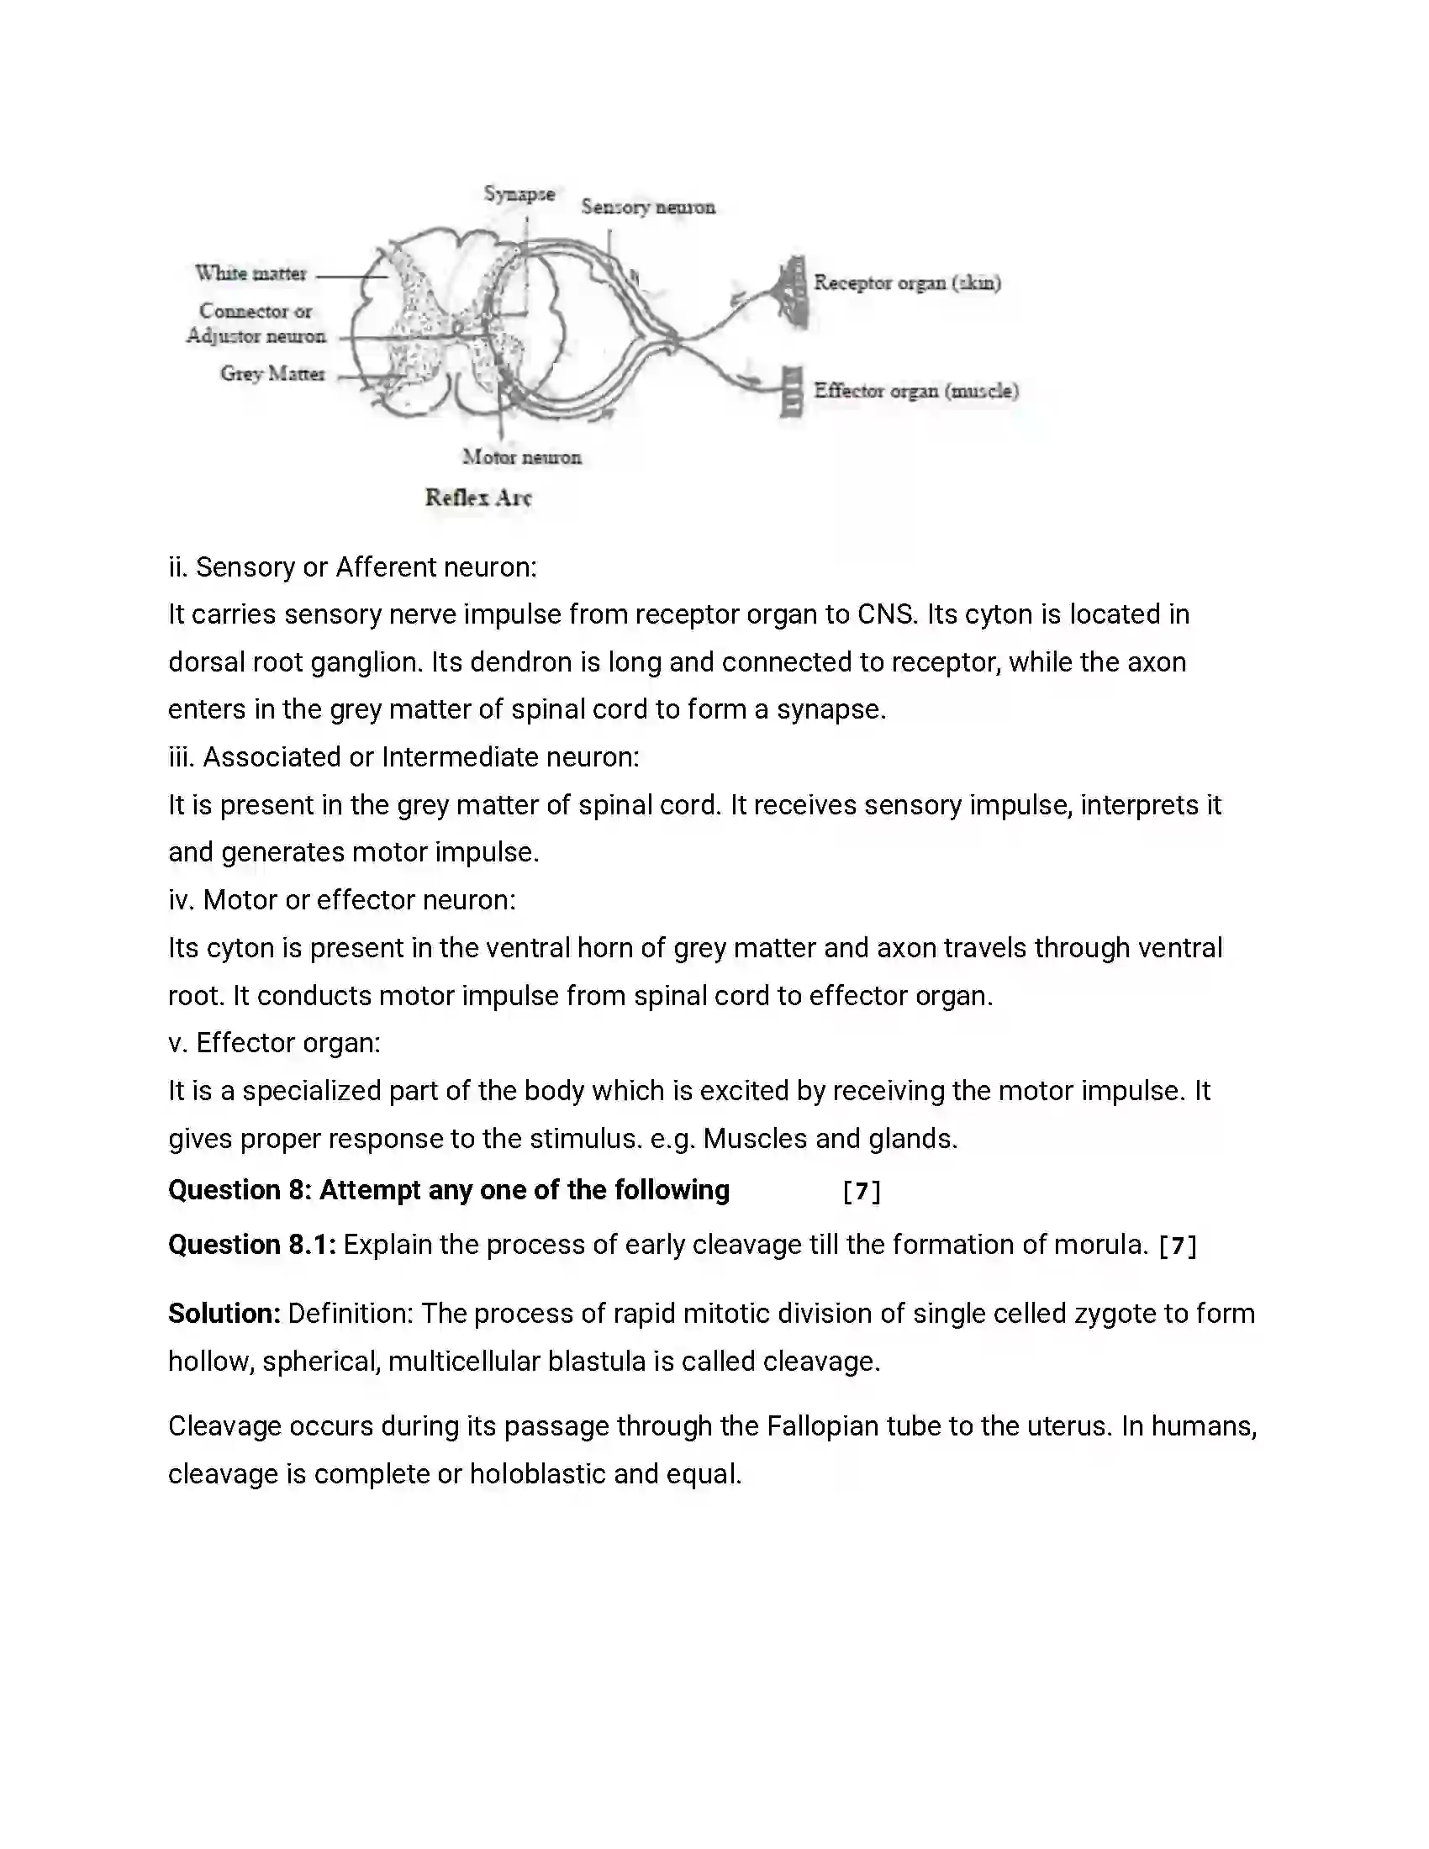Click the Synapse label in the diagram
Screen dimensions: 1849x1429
pyautogui.click(x=519, y=194)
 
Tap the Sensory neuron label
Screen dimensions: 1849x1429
pyautogui.click(x=647, y=208)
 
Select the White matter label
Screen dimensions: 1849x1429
pyautogui.click(x=250, y=273)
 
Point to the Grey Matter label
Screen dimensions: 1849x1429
pyautogui.click(x=272, y=373)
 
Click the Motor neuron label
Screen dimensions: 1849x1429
pyautogui.click(x=521, y=457)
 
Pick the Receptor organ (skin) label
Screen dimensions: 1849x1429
pyautogui.click(x=907, y=282)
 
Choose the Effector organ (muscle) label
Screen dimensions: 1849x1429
pyautogui.click(x=916, y=391)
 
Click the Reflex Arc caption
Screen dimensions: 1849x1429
pyautogui.click(x=478, y=498)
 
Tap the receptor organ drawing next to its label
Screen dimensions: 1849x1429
pyautogui.click(x=794, y=292)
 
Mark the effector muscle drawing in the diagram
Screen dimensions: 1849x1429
pyautogui.click(x=792, y=391)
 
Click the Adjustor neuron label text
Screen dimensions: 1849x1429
pyautogui.click(x=256, y=336)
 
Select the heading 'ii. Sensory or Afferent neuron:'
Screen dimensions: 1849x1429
pyautogui.click(x=352, y=567)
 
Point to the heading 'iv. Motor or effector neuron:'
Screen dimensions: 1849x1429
pyautogui.click(x=342, y=900)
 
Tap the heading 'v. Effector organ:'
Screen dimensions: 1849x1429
pyautogui.click(x=274, y=1043)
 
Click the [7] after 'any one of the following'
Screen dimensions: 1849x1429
pyautogui.click(x=862, y=1192)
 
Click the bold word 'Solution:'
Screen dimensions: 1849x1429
pyautogui.click(x=224, y=1314)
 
